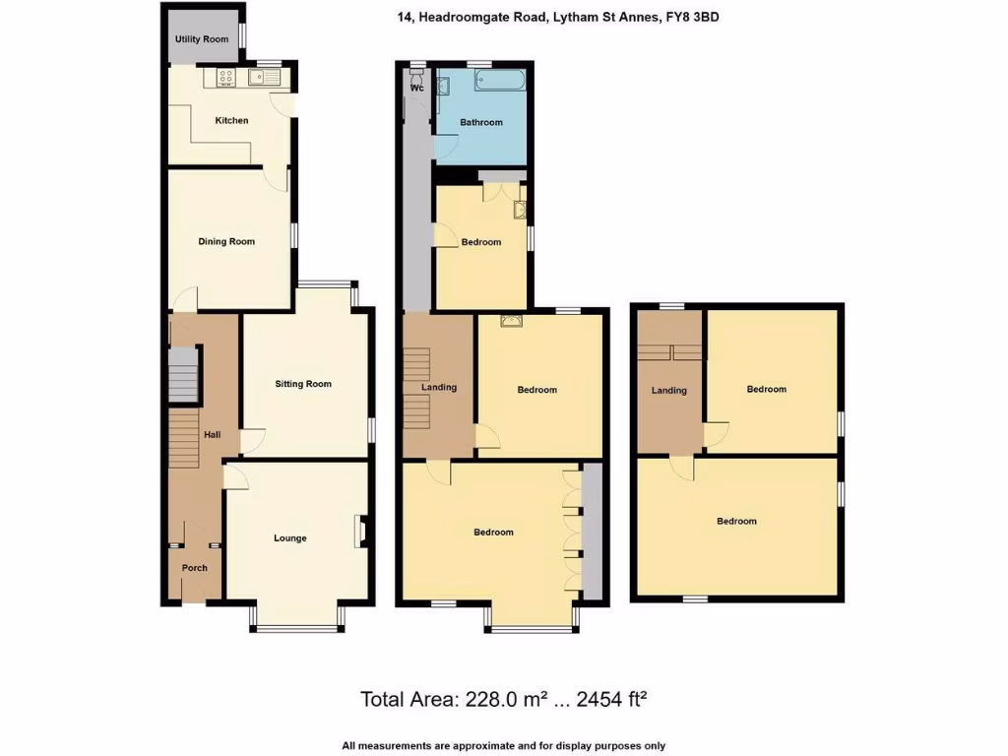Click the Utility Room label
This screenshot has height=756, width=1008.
[x=202, y=39]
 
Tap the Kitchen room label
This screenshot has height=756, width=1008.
[x=232, y=121]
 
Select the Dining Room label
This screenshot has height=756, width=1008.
[x=226, y=241]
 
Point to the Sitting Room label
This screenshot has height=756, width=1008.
[x=303, y=384]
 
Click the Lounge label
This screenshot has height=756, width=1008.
[x=290, y=538]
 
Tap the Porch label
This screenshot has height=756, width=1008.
[x=195, y=568]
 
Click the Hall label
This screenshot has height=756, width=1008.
[x=212, y=435]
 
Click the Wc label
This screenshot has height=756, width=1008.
[x=417, y=88]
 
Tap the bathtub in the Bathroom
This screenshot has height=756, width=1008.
[x=500, y=81]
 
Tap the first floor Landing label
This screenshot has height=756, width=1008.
[x=439, y=387]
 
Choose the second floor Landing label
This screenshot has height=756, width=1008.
[x=669, y=391]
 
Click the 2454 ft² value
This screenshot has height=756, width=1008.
[x=610, y=700]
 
